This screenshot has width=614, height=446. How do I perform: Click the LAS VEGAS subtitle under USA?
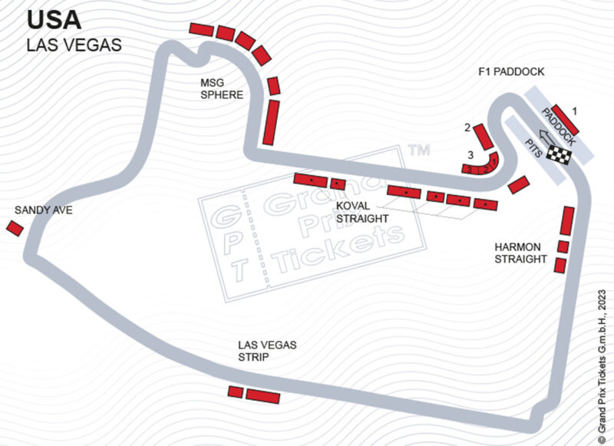[74, 45]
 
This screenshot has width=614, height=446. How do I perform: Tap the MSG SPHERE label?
[222, 89]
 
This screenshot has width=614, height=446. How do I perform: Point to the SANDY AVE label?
[43, 210]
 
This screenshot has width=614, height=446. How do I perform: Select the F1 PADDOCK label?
[510, 72]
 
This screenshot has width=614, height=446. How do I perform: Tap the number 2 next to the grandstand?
[467, 127]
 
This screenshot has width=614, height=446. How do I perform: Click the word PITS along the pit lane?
[533, 148]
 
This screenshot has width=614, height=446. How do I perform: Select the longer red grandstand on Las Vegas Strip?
[263, 395]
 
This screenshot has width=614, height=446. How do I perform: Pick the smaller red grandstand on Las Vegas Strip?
[236, 392]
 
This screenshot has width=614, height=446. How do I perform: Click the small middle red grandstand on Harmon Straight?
[563, 246]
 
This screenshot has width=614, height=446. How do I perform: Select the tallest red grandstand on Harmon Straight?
[567, 220]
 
